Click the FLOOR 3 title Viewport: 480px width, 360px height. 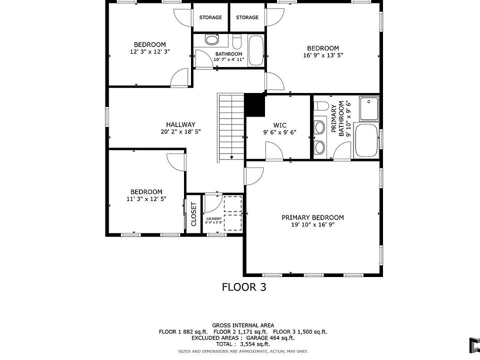(x=244, y=287)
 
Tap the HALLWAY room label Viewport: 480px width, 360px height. (x=180, y=124)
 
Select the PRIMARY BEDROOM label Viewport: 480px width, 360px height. (x=312, y=217)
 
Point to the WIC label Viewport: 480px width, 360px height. (x=280, y=125)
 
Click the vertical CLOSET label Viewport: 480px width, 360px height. (x=193, y=214)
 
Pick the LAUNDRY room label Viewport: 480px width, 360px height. (x=213, y=218)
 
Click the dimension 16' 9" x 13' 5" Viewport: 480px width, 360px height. (x=323, y=55)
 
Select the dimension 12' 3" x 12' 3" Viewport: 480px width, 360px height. (x=150, y=51)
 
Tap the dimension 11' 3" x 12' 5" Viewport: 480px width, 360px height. (x=146, y=199)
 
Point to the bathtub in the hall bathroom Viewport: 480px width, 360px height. (x=256, y=50)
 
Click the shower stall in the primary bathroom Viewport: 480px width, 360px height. (x=369, y=108)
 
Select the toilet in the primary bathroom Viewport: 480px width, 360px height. (x=321, y=106)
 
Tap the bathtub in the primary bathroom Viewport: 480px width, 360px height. (x=366, y=140)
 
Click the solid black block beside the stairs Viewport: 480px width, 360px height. (x=255, y=104)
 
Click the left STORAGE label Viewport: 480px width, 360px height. (x=210, y=17)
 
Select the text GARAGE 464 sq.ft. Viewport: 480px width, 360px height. (x=270, y=338)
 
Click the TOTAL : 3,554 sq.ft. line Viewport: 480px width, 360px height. (x=243, y=344)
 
